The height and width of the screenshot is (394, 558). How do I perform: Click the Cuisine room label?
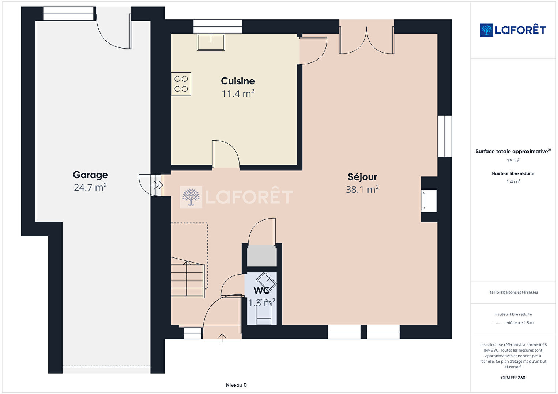point(238,81)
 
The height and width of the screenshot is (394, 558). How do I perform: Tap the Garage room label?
point(90,175)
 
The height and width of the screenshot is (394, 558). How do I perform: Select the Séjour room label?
point(362,177)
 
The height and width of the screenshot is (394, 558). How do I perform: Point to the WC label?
point(261,290)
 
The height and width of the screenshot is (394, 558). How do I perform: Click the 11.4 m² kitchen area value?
point(238,93)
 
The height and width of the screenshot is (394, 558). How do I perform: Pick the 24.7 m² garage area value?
point(90,187)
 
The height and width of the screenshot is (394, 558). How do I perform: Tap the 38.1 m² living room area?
point(362,189)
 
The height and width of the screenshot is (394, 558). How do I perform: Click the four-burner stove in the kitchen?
point(181,84)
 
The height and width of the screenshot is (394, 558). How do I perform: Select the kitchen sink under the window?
point(211,42)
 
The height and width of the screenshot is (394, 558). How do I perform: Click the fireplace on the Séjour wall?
point(429,201)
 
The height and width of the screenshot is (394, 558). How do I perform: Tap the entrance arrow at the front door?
point(222,338)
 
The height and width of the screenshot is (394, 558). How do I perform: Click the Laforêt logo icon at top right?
point(486,30)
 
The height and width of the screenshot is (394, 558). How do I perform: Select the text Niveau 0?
point(236,385)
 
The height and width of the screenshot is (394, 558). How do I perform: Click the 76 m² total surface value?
point(513,161)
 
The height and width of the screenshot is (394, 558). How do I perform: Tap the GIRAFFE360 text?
point(513,378)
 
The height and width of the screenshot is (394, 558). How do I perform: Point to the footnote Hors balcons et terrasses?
point(513,292)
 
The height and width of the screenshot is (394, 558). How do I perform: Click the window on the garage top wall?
point(68,14)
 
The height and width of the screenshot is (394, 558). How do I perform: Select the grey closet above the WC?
point(261,256)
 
